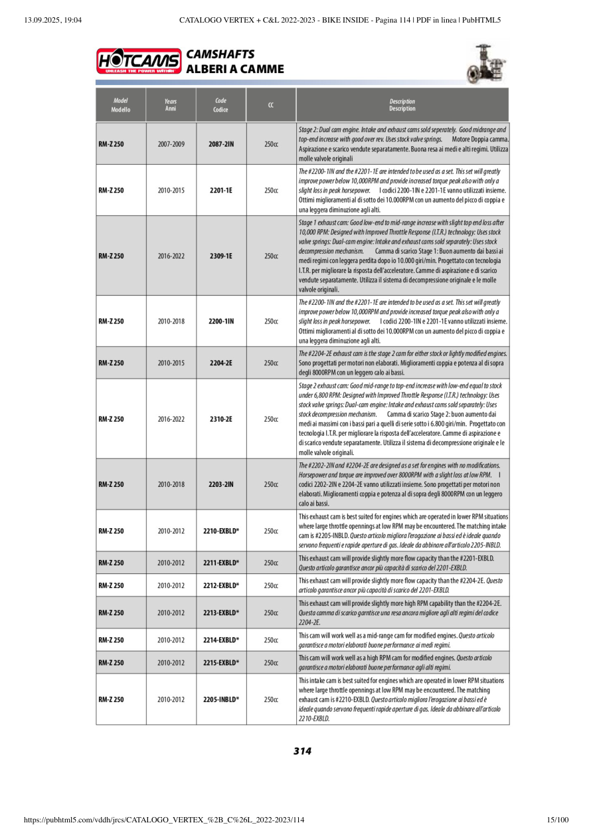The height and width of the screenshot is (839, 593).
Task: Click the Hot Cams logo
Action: tap(139, 61)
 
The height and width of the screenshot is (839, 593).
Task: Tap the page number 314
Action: tap(302, 751)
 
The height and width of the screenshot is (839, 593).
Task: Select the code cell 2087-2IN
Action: tap(221, 143)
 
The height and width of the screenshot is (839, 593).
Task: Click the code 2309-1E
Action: tap(221, 256)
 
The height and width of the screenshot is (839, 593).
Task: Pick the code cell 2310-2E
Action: tap(221, 419)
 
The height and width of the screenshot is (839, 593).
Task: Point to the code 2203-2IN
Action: tap(221, 484)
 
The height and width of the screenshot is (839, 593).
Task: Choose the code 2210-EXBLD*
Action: tap(221, 531)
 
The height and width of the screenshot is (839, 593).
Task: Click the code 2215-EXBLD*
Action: tap(221, 663)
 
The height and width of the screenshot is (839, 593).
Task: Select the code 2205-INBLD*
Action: tap(221, 699)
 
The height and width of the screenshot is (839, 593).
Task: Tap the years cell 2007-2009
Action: tap(171, 143)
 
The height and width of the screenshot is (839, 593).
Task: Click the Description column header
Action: tap(402, 105)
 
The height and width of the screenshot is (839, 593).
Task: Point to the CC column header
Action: tap(271, 105)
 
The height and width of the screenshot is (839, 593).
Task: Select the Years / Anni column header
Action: tap(171, 105)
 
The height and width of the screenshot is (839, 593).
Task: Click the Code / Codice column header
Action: tap(221, 105)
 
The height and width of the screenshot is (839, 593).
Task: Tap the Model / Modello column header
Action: tap(121, 105)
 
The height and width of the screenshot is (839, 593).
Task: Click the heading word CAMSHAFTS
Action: tap(220, 54)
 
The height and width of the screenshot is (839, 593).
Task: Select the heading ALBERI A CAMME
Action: tap(235, 69)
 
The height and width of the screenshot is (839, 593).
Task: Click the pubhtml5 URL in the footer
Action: tap(164, 820)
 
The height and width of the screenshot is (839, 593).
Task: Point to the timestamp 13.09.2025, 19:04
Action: tap(52, 20)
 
